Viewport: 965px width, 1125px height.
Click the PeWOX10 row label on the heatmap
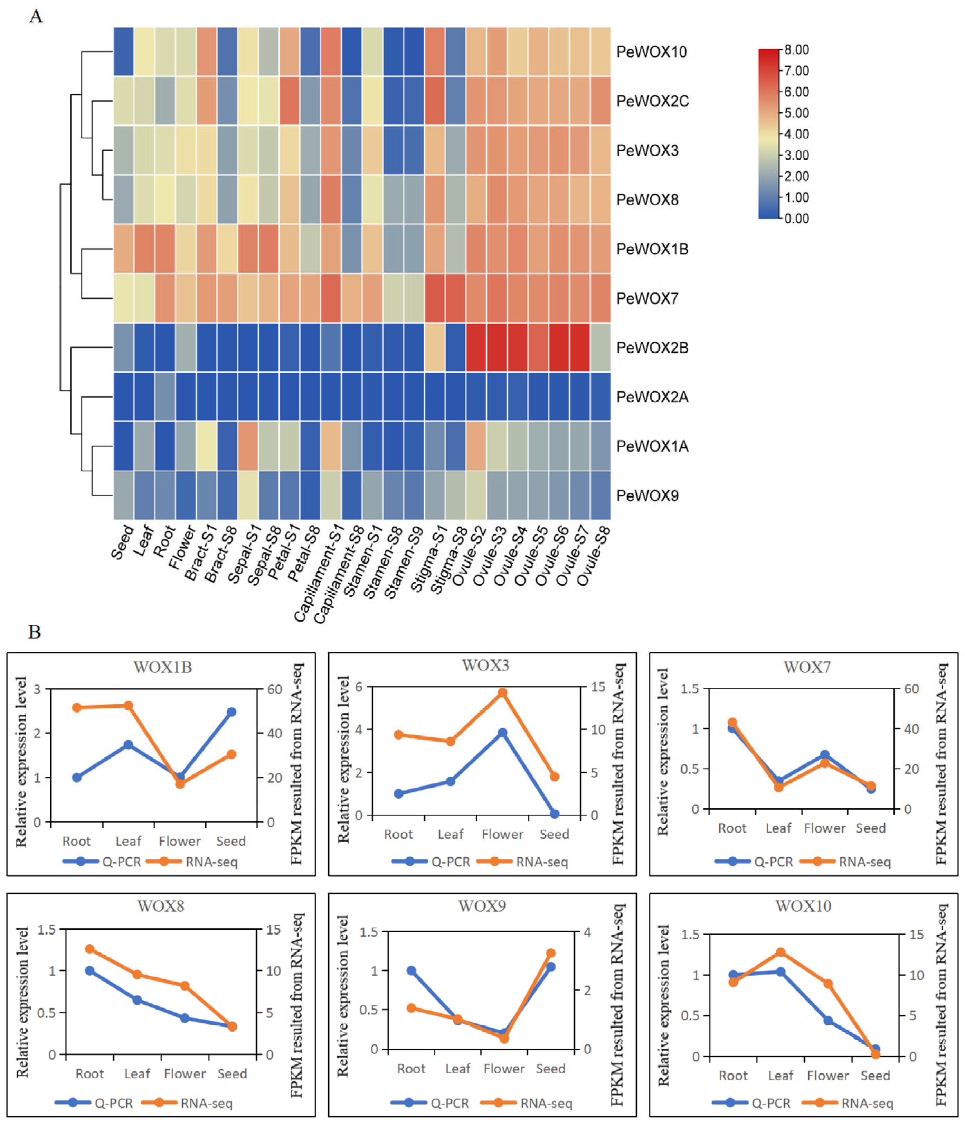(x=651, y=52)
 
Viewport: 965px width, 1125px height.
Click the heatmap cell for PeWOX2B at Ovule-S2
(x=476, y=347)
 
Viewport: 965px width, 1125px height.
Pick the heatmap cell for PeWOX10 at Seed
(x=124, y=52)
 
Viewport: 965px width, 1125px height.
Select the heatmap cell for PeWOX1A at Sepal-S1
(x=248, y=446)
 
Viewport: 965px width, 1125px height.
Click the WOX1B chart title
(x=163, y=667)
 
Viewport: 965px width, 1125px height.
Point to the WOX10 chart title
(x=803, y=906)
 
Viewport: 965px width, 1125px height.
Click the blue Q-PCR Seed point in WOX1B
(x=231, y=712)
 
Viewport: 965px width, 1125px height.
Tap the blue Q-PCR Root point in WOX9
(x=411, y=970)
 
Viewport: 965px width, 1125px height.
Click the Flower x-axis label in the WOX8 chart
(x=185, y=1073)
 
